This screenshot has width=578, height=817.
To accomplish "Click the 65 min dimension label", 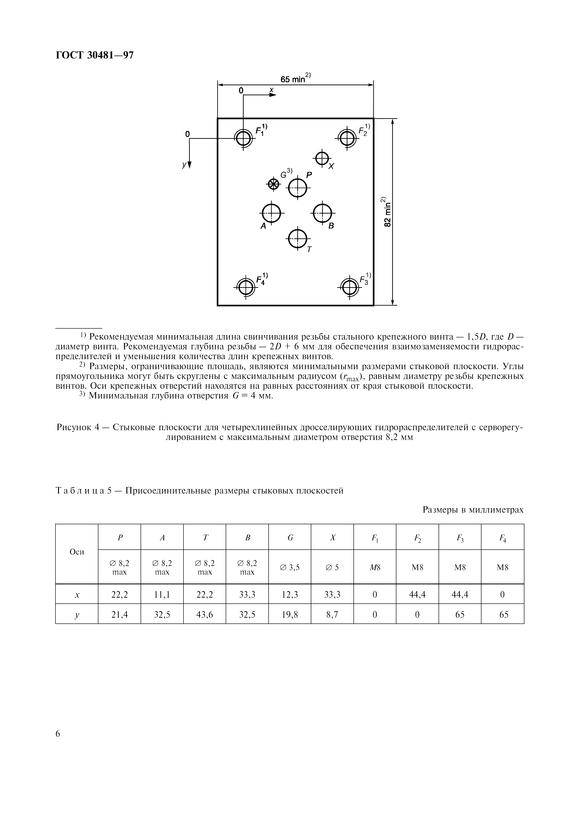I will pyautogui.click(x=294, y=79).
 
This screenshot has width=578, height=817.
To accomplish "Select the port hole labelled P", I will pyautogui.click(x=297, y=187).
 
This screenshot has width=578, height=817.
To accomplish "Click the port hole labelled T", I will pyautogui.click(x=297, y=238).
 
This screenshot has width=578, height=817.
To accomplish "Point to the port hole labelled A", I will pyautogui.click(x=271, y=213).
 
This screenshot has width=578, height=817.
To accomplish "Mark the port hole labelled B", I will pyautogui.click(x=322, y=213).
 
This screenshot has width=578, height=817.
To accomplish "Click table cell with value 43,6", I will pyautogui.click(x=204, y=615).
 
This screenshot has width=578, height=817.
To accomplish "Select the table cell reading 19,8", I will pyautogui.click(x=290, y=615).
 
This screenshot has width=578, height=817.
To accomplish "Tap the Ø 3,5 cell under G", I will pyautogui.click(x=290, y=568).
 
